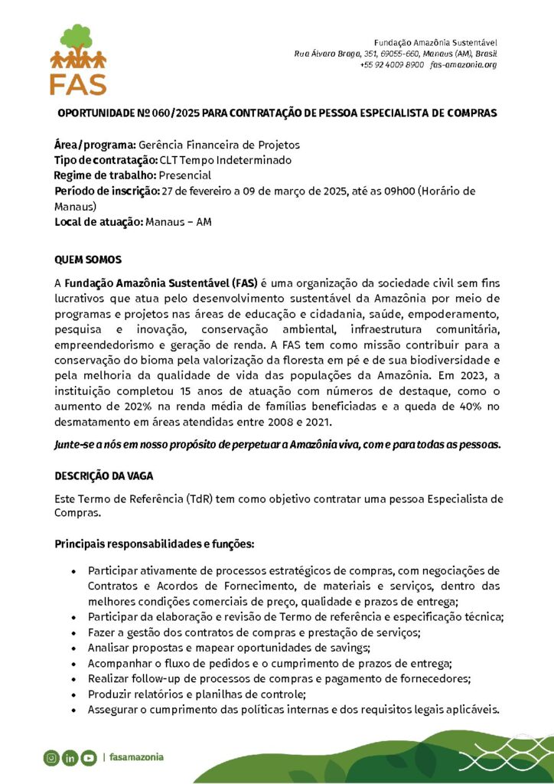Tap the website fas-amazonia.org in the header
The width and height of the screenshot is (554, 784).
pos(464,65)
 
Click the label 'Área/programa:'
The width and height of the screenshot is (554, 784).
pos(95,145)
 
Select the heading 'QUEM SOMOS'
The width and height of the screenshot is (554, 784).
pos(88,260)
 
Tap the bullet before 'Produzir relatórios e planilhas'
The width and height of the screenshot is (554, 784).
pos(73,694)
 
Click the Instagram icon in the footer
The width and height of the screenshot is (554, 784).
pos(51,758)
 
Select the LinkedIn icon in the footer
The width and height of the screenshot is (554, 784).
pos(70,758)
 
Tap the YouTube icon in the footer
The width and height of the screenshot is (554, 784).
pos(88,758)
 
